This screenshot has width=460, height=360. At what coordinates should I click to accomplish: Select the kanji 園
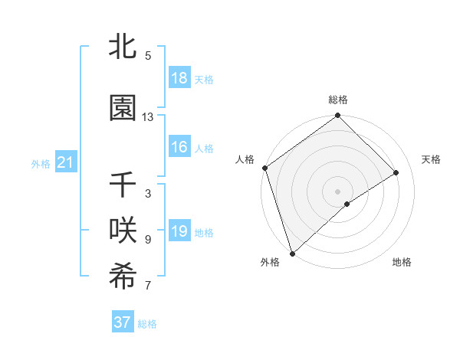coord(123,110)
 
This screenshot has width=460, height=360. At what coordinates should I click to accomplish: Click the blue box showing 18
coord(179,78)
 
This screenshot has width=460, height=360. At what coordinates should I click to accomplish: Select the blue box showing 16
coord(179,147)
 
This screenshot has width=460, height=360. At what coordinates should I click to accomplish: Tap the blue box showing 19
coord(179,231)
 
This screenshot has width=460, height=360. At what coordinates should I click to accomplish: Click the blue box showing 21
coord(65,162)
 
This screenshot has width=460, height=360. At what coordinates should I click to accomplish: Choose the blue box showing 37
coord(123,322)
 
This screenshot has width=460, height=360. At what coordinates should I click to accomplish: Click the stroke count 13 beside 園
coord(148,117)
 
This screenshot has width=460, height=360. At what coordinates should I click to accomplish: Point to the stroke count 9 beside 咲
coord(148,240)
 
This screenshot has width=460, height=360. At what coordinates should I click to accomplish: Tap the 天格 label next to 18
coord(204,80)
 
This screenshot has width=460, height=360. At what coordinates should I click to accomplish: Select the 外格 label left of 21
coord(41,163)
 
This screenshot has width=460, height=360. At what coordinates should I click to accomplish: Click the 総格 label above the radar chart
coord(338,100)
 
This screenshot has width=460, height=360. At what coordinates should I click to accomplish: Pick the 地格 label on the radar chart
coord(402,263)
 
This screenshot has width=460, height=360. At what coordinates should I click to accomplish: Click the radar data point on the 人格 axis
coord(264,168)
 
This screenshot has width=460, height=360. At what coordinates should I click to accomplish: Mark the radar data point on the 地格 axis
coord(347,204)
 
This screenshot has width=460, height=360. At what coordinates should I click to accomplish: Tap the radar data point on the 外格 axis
coord(291,252)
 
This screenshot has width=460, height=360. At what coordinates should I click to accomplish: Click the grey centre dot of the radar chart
coord(337,190)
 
